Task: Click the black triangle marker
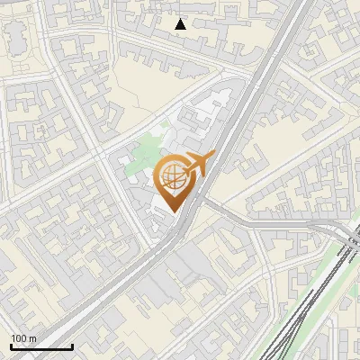click(181, 24)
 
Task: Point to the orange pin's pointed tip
click(172, 213)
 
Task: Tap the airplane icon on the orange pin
click(197, 164)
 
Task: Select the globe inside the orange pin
click(172, 177)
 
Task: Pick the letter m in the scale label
click(33, 338)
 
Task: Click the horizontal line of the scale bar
click(40, 346)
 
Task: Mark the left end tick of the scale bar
click(10, 345)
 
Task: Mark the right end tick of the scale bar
click(72, 345)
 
